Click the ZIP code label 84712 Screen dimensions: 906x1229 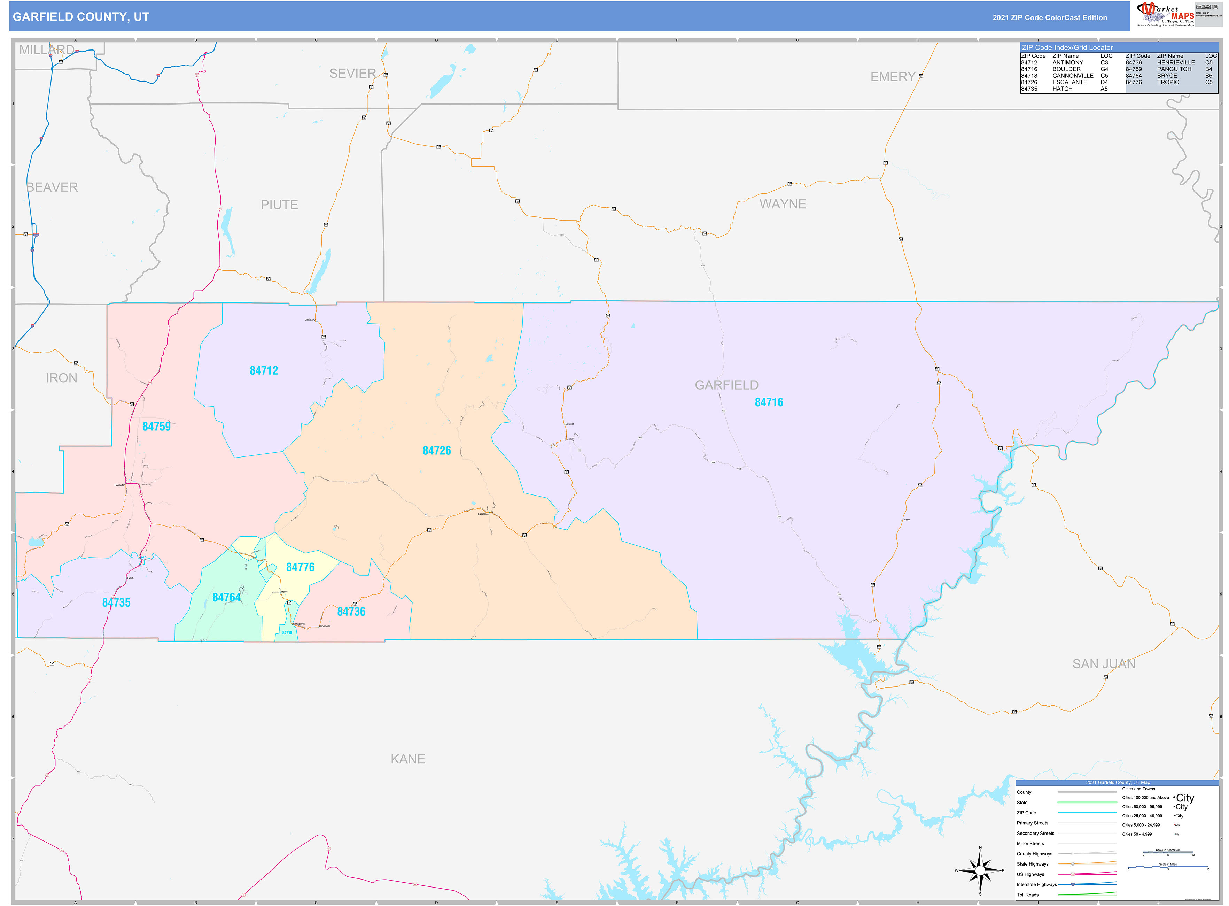(x=264, y=371)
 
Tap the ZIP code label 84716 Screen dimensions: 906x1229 (x=769, y=402)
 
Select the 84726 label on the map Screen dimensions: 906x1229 (x=436, y=451)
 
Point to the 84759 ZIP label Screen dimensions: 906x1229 (x=156, y=427)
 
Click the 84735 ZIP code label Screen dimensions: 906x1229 (x=116, y=603)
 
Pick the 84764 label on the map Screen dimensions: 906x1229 (x=226, y=598)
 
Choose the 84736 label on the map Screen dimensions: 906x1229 (x=351, y=612)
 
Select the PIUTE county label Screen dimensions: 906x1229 (x=279, y=205)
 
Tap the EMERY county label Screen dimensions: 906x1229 (x=893, y=77)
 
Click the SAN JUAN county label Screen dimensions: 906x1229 (x=1104, y=664)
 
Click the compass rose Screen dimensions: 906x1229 (x=980, y=870)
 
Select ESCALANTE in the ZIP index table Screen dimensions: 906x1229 (x=1069, y=82)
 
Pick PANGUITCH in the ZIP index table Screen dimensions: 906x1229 (x=1174, y=69)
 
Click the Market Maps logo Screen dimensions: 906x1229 (x=1165, y=15)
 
